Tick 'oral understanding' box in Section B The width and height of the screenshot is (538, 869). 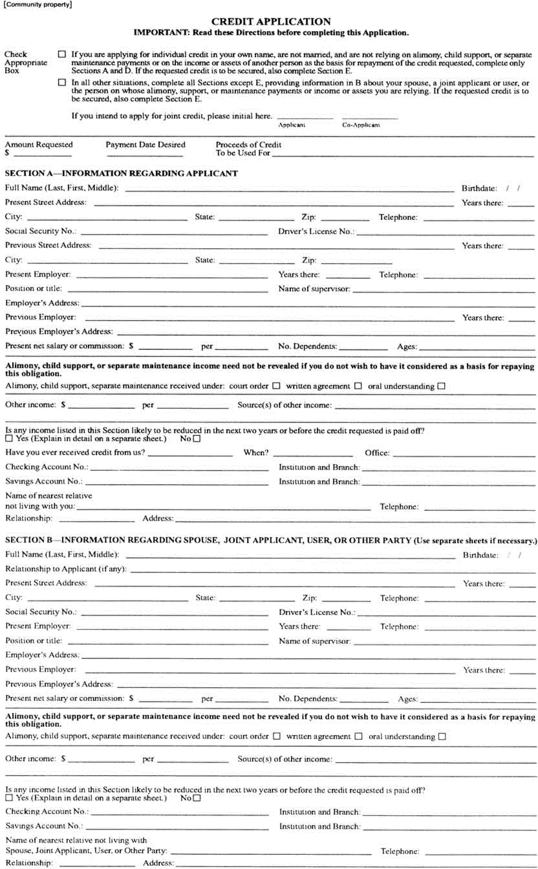tap(442, 736)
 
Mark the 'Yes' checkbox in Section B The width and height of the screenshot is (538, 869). tap(9, 798)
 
